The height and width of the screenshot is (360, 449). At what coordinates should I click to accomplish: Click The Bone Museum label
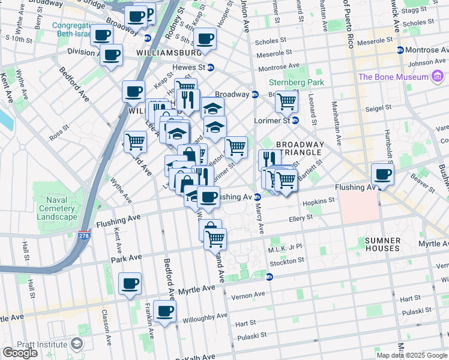click(x=394, y=77)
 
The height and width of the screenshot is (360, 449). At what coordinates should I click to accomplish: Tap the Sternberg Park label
click(x=296, y=82)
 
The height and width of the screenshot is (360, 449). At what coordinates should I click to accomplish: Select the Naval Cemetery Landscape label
click(x=56, y=208)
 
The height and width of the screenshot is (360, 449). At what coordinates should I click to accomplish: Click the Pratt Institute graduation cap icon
click(x=76, y=344)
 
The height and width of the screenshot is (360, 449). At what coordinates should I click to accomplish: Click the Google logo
click(x=20, y=353)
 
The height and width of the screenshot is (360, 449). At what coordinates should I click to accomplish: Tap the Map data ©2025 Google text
click(x=412, y=355)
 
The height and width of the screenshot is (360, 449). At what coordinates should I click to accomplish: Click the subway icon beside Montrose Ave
click(x=400, y=50)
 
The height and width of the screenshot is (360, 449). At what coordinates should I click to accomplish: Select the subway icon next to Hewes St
click(x=211, y=67)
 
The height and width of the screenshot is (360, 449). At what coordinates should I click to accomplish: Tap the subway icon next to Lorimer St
click(x=295, y=120)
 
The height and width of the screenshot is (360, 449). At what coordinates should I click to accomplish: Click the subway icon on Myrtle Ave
click(x=270, y=277)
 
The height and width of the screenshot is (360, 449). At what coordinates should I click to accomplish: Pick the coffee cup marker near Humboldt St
click(x=382, y=175)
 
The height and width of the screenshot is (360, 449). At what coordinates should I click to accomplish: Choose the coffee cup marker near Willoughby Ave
click(x=164, y=311)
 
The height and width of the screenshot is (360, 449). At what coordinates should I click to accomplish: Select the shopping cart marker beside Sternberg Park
click(x=287, y=101)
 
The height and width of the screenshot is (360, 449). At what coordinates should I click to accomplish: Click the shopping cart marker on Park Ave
click(x=215, y=239)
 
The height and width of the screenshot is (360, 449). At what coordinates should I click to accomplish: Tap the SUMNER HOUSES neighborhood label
click(x=382, y=244)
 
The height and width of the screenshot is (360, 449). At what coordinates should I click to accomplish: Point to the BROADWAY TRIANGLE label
click(x=300, y=149)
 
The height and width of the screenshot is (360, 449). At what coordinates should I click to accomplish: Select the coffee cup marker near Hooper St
click(x=205, y=38)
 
